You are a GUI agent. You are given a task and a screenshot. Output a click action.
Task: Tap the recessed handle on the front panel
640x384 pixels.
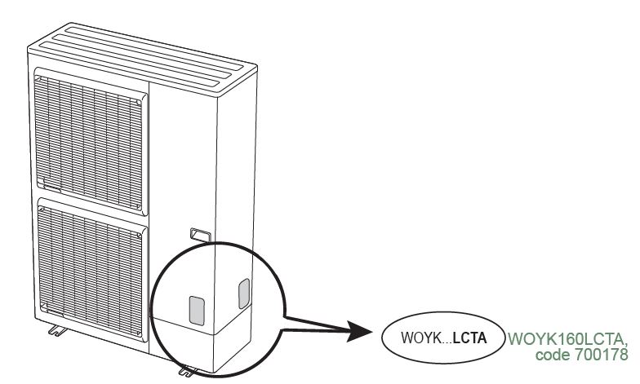pos(201,235)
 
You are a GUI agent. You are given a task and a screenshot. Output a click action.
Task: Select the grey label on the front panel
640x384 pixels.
pos(197,311)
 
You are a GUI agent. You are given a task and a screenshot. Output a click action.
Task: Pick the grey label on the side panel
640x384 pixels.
pos(243,294)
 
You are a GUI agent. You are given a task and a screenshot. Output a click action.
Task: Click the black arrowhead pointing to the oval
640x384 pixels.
pos(359,331)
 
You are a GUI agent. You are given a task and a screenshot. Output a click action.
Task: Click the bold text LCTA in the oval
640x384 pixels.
pos(470,338)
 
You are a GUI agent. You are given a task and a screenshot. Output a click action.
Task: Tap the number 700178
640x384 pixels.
pos(602,355)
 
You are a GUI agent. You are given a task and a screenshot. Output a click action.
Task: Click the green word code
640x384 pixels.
pos(553,355)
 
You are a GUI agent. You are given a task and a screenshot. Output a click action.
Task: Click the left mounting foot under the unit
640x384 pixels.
pos(57,329)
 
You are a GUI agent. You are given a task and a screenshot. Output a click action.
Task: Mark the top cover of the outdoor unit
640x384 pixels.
pos(143,57)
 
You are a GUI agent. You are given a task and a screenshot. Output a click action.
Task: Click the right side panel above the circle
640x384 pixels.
pos(237,163)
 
